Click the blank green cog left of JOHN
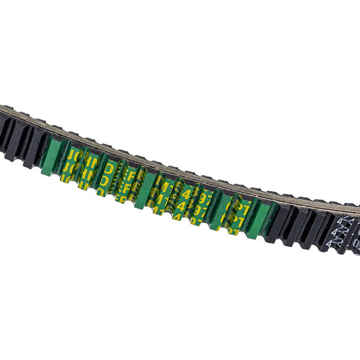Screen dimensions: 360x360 (51, 157)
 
